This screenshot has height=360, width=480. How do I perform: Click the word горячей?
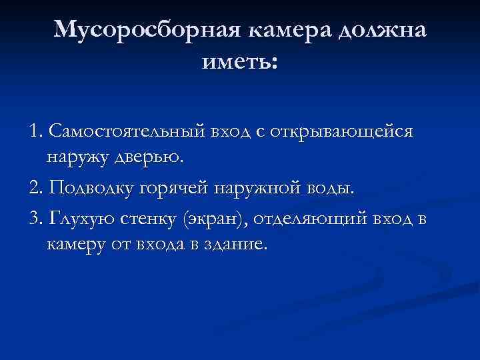[175, 188]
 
